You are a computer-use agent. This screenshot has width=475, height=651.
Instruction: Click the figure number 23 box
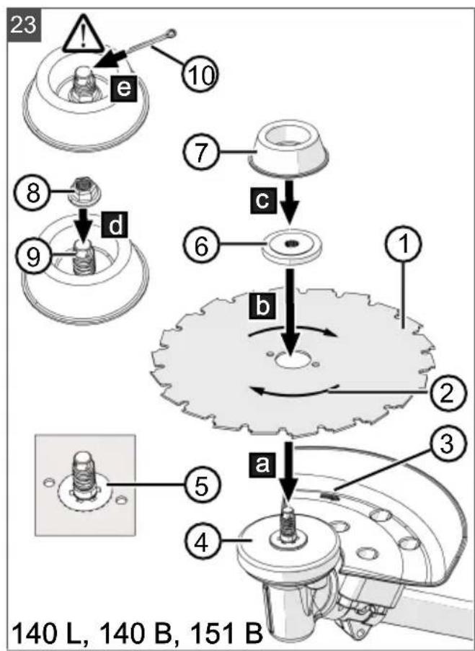(24, 26)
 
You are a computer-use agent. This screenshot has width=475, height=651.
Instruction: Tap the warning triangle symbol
(84, 37)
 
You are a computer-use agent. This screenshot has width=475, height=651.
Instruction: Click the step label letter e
(123, 88)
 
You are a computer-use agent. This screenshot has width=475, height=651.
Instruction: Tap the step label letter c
(262, 201)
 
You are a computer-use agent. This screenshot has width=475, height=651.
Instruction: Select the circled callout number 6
(201, 248)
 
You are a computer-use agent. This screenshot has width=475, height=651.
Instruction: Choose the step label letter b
(262, 307)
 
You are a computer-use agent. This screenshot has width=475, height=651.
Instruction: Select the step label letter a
(262, 464)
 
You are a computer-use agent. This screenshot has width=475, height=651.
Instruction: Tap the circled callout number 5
(201, 487)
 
